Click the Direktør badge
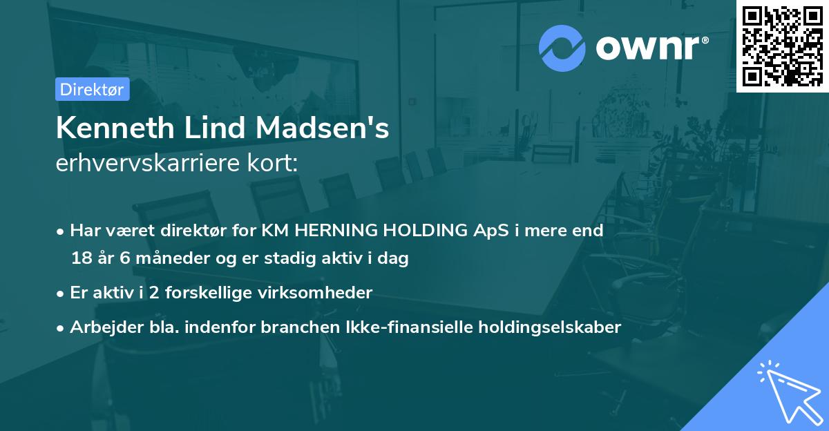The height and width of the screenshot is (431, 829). click(x=92, y=90)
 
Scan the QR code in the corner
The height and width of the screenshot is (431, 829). click(x=782, y=45)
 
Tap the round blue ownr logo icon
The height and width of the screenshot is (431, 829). click(x=562, y=48)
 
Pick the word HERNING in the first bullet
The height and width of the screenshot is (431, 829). click(x=330, y=230)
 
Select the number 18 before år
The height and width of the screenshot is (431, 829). click(x=80, y=259)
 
